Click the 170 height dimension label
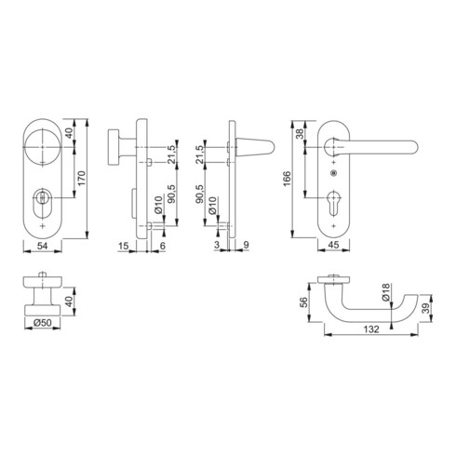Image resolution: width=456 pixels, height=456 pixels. (81, 179)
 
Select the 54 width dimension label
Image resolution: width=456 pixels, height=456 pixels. (43, 246)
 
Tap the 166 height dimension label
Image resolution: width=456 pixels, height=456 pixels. (288, 179)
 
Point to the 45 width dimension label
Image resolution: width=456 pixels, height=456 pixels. (333, 245)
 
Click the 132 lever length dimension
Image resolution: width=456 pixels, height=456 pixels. (371, 329)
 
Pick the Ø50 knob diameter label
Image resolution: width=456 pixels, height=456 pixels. (43, 323)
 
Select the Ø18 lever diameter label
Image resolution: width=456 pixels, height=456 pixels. (385, 292)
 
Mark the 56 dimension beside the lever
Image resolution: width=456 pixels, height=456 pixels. (304, 302)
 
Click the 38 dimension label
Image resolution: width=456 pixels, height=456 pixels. (300, 134)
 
